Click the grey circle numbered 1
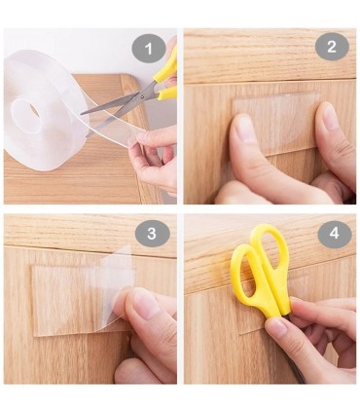[149, 49]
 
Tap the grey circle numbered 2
[332, 47]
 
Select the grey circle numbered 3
[152, 234]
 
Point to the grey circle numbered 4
[335, 235]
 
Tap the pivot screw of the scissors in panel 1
[141, 95]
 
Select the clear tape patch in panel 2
[276, 121]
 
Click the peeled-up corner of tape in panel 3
[117, 267]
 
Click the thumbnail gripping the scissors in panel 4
[277, 324]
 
